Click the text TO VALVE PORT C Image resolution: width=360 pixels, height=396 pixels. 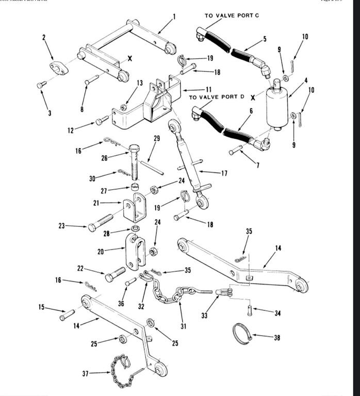(x=232, y=15)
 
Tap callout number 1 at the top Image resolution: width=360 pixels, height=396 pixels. (x=174, y=16)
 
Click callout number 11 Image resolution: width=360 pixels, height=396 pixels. (x=208, y=89)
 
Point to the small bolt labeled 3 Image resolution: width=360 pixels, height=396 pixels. (x=42, y=85)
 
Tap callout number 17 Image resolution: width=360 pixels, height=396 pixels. (x=224, y=173)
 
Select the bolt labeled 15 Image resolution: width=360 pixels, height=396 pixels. (x=67, y=314)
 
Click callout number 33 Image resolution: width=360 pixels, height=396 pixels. (x=204, y=315)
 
